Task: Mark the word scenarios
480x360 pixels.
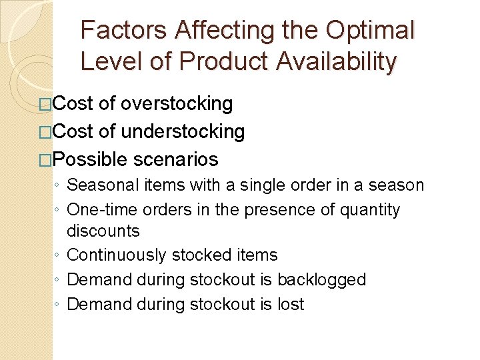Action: point(175,159)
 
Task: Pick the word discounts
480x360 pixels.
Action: point(103,231)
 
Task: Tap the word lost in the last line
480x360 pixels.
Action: point(291,304)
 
